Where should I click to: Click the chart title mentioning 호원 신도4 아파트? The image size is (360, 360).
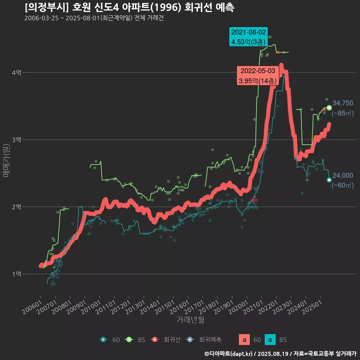[129, 7]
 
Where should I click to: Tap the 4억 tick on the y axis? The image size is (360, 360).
[16, 73]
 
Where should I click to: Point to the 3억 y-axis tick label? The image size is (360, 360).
[16, 140]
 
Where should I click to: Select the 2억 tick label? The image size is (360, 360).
[16, 207]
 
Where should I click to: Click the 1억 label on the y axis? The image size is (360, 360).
[16, 274]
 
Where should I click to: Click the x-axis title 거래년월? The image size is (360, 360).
[190, 320]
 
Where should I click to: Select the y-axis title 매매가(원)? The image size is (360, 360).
[6, 161]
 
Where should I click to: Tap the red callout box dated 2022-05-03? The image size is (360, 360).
[258, 75]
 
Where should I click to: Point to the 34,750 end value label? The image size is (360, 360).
[343, 103]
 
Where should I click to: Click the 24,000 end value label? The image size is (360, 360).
[343, 175]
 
